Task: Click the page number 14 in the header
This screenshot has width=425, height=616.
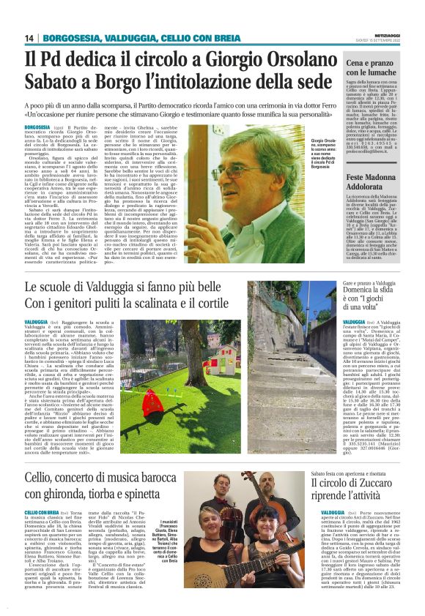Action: click(x=30, y=38)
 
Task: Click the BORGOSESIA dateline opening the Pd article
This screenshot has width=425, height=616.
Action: click(x=37, y=127)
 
